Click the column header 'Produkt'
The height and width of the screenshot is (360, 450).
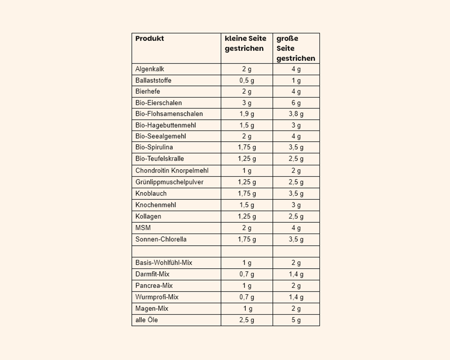[x=150, y=39]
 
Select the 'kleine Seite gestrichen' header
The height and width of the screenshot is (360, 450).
[x=246, y=44]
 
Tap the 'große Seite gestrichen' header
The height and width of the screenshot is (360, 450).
[x=296, y=49]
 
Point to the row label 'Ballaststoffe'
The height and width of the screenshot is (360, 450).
[x=153, y=81]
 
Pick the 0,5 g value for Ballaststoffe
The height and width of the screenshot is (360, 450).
[x=247, y=81]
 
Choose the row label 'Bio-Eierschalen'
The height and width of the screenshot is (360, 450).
[x=158, y=103]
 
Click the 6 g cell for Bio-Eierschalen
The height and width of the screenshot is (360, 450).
[x=296, y=103]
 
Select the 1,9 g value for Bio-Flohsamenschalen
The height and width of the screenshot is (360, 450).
[x=247, y=114]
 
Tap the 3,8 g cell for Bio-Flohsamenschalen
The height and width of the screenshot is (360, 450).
[x=296, y=114]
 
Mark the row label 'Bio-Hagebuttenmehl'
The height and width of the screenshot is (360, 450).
[x=166, y=125]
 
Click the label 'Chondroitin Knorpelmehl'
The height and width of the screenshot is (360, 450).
[x=172, y=171]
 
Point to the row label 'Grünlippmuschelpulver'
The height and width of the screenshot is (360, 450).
[x=169, y=182]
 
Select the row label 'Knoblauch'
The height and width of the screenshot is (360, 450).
[x=151, y=193]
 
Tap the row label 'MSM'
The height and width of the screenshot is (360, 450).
[x=143, y=228]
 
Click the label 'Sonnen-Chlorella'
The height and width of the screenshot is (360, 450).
[x=161, y=239]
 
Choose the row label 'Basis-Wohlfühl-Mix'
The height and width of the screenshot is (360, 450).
[x=164, y=263]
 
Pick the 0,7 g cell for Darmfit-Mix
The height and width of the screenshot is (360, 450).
[x=247, y=274]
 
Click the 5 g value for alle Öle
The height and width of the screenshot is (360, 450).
[x=296, y=320]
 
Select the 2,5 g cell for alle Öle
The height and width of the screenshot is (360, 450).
[x=247, y=320]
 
